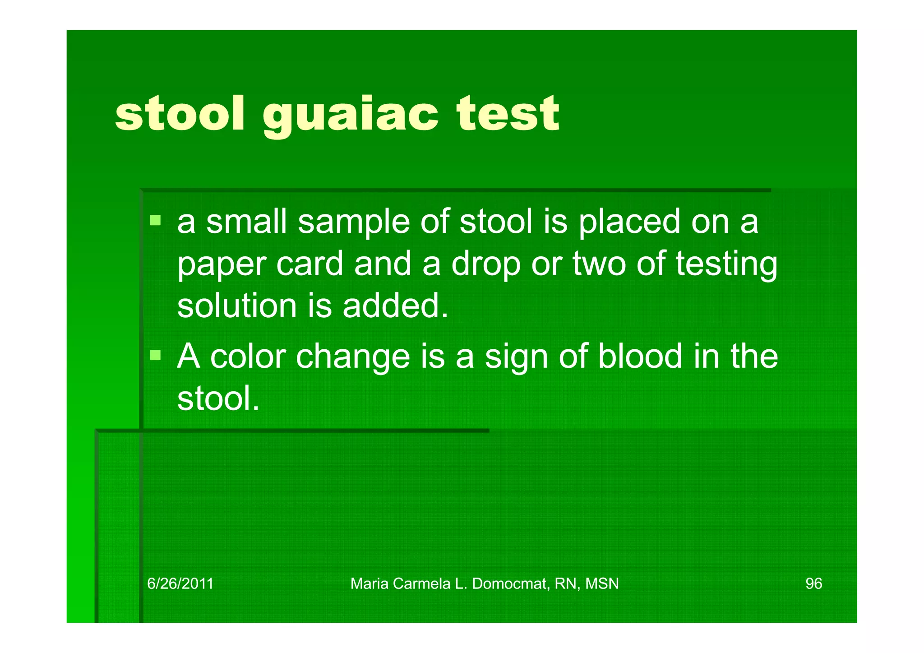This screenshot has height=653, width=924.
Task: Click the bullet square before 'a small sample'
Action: click(x=156, y=220)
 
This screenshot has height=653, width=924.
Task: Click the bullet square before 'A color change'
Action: click(x=156, y=355)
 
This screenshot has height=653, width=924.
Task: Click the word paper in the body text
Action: click(x=221, y=265)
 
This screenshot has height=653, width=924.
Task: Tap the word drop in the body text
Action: click(x=485, y=265)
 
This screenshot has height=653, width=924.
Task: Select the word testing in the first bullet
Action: click(x=726, y=265)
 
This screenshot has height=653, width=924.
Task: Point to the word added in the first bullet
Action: click(x=395, y=306)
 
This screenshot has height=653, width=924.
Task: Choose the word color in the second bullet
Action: click(x=248, y=357)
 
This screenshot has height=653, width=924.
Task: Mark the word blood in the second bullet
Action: click(x=640, y=357)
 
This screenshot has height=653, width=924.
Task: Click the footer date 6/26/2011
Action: click(x=180, y=584)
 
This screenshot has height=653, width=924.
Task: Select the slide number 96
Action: click(x=813, y=584)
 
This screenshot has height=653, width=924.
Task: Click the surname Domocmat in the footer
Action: click(x=510, y=584)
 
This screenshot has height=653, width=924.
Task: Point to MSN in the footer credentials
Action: click(x=602, y=584)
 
